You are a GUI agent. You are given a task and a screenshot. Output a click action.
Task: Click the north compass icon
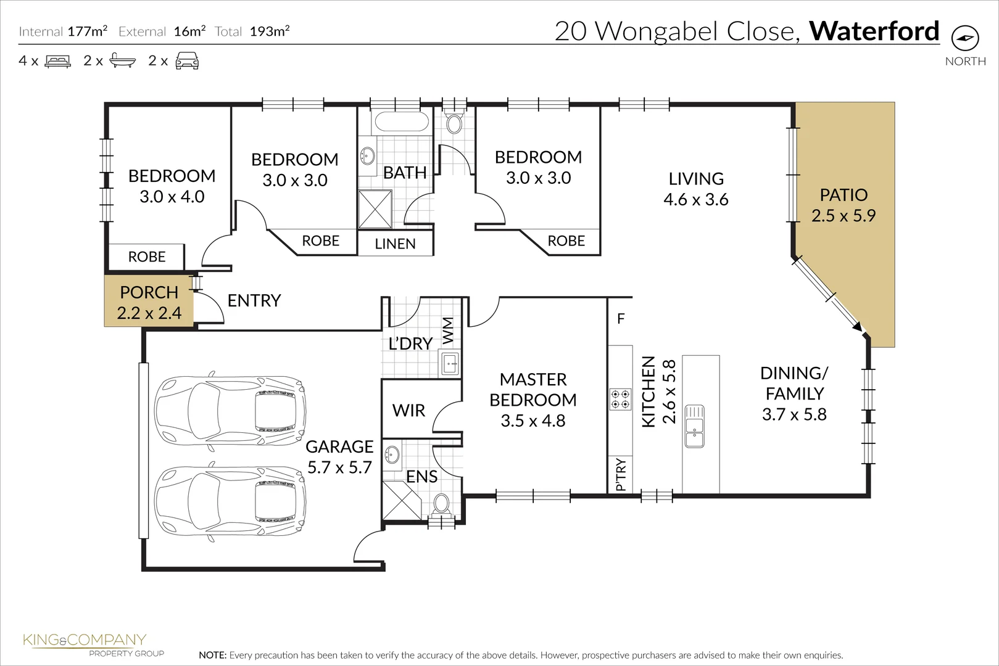(x=965, y=38)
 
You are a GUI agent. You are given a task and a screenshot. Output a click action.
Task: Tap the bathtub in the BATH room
(x=402, y=121)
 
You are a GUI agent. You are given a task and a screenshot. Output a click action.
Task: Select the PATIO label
(x=843, y=195)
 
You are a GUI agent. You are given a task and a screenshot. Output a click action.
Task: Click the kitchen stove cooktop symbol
(x=620, y=399)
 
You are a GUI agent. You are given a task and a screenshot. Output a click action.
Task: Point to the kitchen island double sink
(x=694, y=426)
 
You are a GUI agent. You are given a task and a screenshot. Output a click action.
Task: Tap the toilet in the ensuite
(x=441, y=504)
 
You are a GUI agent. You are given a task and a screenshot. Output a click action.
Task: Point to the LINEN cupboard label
(x=395, y=244)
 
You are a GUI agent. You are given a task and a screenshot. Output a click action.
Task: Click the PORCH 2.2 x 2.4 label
(x=149, y=302)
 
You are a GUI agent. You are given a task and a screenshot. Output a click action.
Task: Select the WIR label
(x=408, y=411)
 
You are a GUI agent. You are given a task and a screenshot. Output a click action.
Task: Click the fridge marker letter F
(x=621, y=319)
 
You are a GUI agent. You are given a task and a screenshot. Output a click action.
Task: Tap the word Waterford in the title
(x=874, y=31)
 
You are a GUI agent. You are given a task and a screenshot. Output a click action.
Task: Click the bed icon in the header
(x=58, y=61)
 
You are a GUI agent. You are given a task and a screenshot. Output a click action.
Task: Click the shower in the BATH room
(x=375, y=209)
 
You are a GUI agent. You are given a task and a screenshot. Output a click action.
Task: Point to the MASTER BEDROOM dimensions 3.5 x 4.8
(x=533, y=421)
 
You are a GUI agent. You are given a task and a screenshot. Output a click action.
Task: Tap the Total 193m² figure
(x=270, y=31)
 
